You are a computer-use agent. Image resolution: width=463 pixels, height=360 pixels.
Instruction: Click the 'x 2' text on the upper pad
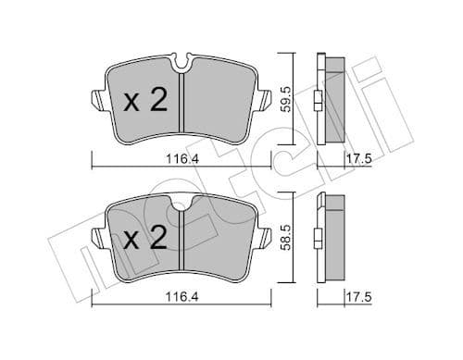(144, 101)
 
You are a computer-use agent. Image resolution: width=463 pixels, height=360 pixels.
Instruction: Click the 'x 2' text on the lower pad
(144, 241)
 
